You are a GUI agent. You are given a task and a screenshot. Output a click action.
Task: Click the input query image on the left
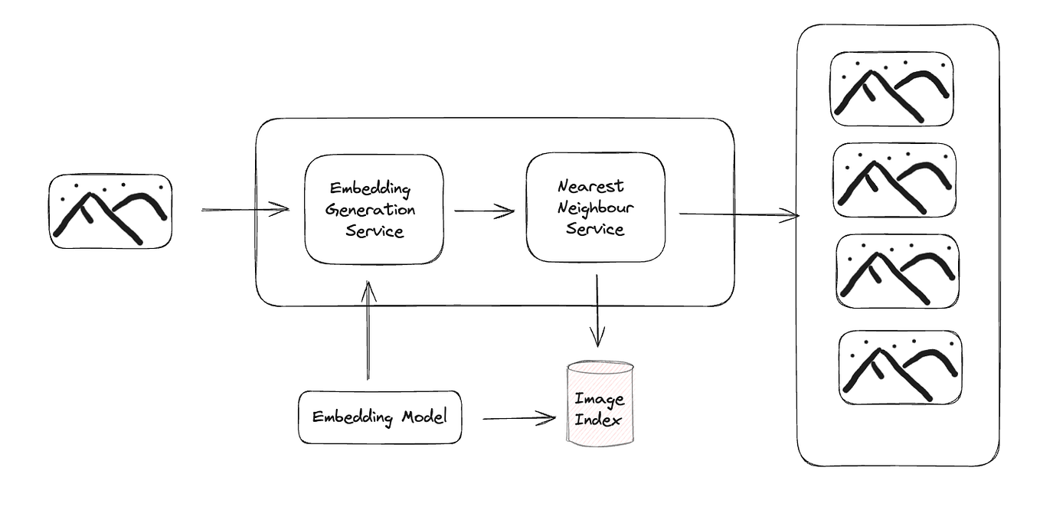[111, 211]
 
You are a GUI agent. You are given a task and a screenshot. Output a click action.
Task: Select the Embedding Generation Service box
[374, 209]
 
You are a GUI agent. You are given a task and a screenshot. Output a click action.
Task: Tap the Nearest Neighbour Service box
[595, 207]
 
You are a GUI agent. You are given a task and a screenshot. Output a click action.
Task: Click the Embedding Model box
[380, 417]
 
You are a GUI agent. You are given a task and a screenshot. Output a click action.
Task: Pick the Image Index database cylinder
[600, 404]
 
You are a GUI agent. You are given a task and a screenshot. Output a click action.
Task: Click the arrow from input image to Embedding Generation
[245, 208]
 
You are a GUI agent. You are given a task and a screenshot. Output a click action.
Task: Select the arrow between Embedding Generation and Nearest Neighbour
[484, 211]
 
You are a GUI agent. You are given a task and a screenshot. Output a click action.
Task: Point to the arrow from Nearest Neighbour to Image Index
[597, 310]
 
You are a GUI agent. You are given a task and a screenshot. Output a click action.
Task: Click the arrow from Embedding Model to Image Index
[518, 418]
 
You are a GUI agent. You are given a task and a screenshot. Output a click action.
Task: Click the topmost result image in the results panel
[892, 89]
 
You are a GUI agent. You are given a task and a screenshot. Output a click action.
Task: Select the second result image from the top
[894, 180]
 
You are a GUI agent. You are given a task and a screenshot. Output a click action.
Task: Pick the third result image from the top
[897, 271]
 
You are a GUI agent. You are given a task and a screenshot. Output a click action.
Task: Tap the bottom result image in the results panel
[901, 368]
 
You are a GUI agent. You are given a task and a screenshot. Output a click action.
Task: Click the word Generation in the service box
[371, 210]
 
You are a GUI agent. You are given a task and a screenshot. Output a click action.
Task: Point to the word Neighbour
[595, 208]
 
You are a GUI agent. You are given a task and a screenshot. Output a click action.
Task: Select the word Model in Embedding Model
[423, 417]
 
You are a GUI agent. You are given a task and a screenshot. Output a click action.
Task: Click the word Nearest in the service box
[590, 186]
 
